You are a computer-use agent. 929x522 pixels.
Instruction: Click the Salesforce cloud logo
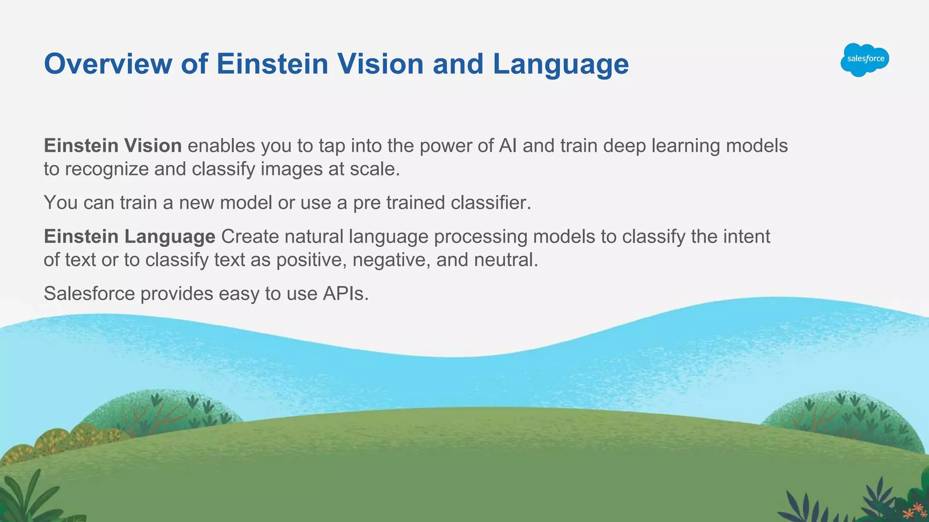pos(865,59)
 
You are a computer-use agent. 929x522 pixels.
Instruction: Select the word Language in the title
pos(561,65)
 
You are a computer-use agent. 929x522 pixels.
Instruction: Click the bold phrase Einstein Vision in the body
pos(112,146)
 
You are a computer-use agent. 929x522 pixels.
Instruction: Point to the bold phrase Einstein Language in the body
pos(129,237)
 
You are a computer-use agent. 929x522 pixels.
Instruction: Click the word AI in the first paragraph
pos(508,146)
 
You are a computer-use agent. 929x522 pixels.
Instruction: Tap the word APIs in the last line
pos(345,294)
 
